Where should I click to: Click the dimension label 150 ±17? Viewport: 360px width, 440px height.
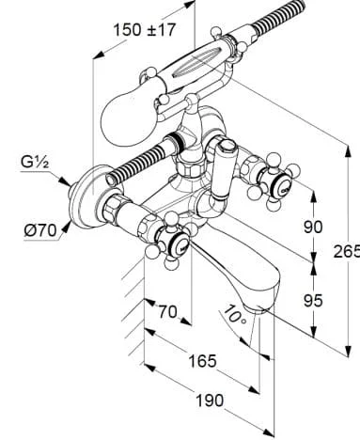(144, 30)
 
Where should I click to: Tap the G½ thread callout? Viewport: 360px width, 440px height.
(35, 163)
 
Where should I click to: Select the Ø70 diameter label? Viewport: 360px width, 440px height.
(40, 231)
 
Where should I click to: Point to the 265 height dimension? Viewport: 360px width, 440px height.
(347, 251)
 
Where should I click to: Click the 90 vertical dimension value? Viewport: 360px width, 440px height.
(313, 227)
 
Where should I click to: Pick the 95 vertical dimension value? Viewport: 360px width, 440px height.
(313, 301)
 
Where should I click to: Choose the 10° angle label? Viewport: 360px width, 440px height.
(234, 314)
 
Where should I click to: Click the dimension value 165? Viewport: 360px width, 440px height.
(202, 361)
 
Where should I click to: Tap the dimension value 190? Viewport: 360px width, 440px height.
(210, 401)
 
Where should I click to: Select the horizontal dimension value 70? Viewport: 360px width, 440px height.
(167, 312)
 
